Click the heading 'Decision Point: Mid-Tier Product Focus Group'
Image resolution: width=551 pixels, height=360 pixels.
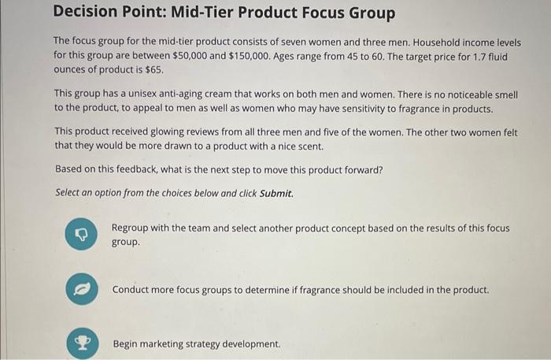224,14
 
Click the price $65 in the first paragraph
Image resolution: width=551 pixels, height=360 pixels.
154,70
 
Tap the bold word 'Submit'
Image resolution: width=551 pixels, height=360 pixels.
275,192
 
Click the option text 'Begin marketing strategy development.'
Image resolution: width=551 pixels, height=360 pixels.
196,344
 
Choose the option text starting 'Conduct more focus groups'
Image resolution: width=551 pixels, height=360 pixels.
300,289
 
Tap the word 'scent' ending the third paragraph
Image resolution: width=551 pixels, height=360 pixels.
309,146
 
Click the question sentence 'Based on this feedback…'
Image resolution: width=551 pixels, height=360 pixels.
219,169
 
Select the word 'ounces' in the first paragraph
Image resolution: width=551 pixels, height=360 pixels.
72,70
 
